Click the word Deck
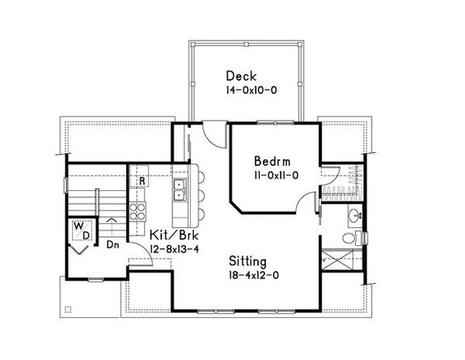click(x=242, y=75)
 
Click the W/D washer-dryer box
click(x=82, y=229)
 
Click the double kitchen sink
click(x=180, y=192)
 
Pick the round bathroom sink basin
click(x=356, y=216)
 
